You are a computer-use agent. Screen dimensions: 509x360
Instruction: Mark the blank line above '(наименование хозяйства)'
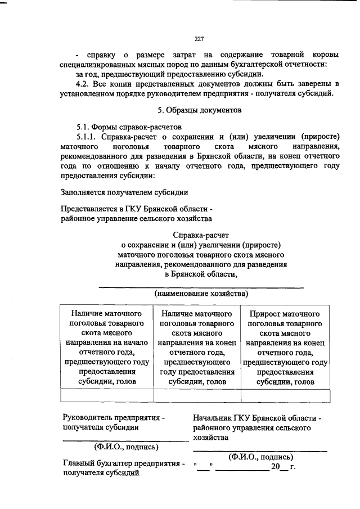201,286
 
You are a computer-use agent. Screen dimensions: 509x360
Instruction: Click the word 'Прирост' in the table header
264,313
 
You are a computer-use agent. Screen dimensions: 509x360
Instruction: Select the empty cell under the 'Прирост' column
285,396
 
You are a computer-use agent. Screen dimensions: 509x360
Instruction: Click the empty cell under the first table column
107,396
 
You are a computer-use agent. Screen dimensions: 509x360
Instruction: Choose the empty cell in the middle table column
197,396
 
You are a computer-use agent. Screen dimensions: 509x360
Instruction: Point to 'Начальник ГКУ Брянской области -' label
256,418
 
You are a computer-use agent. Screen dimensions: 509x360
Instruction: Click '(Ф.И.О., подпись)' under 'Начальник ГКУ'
260,457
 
